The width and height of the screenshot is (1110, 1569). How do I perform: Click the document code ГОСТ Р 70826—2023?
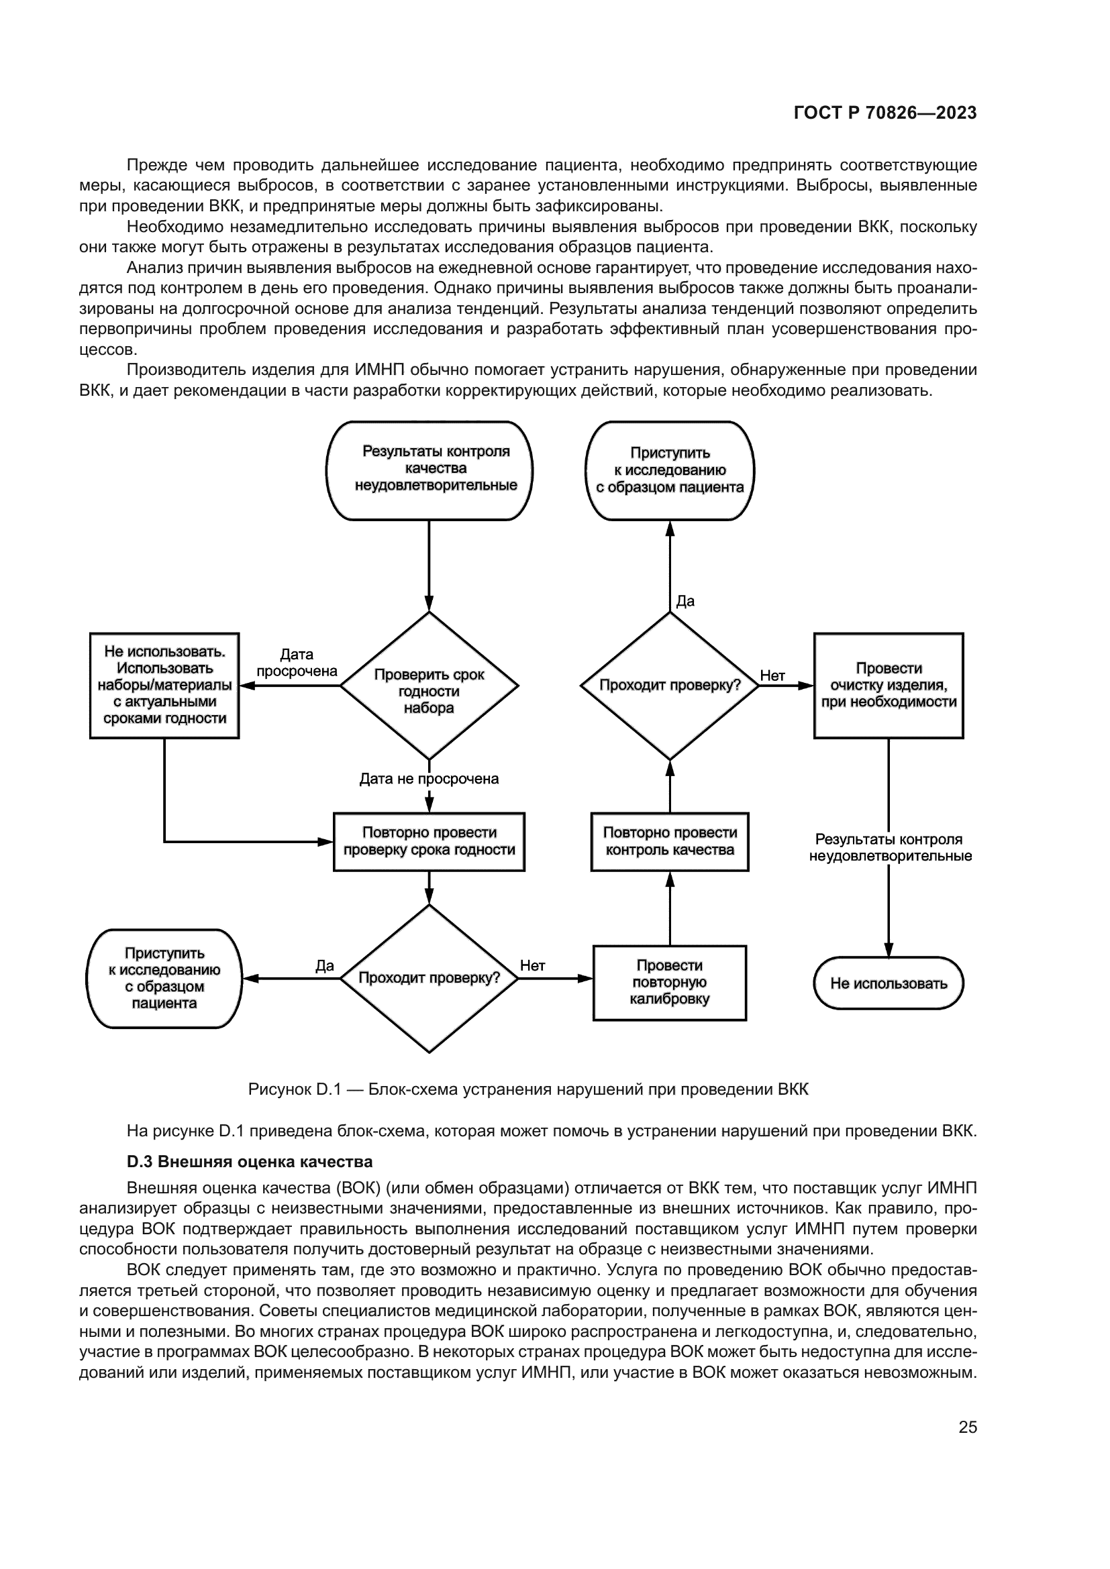[x=885, y=113]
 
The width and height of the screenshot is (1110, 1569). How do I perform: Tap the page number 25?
[x=967, y=1427]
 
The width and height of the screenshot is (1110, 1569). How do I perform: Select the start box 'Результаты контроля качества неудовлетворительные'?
[x=430, y=470]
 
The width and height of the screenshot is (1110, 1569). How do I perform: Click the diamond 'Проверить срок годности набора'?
[x=430, y=686]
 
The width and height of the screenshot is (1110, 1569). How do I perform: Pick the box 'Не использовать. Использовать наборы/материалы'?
[x=164, y=686]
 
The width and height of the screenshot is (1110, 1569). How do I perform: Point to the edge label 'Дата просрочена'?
[x=297, y=663]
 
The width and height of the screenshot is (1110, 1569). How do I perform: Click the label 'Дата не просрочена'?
[x=430, y=779]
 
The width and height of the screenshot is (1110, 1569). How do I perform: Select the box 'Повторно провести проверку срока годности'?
[x=430, y=842]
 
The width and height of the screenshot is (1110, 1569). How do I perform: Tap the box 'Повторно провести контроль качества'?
[x=670, y=842]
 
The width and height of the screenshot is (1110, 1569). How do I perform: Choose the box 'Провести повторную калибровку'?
[x=670, y=983]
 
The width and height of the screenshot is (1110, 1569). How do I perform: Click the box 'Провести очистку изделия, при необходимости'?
[x=889, y=686]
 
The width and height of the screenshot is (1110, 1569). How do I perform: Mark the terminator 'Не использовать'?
[x=889, y=983]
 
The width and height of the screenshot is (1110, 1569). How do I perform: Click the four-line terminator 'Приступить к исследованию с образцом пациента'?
[x=164, y=979]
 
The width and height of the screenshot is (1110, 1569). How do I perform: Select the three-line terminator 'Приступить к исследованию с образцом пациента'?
[x=670, y=470]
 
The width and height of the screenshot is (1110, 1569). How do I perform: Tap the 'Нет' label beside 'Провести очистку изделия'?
[x=772, y=676]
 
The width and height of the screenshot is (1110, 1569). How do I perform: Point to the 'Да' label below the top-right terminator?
[x=685, y=601]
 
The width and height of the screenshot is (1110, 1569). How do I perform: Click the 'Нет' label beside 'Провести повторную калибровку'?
[x=532, y=965]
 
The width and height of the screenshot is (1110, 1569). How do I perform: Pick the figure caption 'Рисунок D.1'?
[x=527, y=1089]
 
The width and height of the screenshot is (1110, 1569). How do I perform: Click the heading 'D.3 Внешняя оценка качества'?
[x=250, y=1162]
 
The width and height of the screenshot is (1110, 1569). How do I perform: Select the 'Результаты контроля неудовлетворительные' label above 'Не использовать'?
[x=890, y=847]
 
